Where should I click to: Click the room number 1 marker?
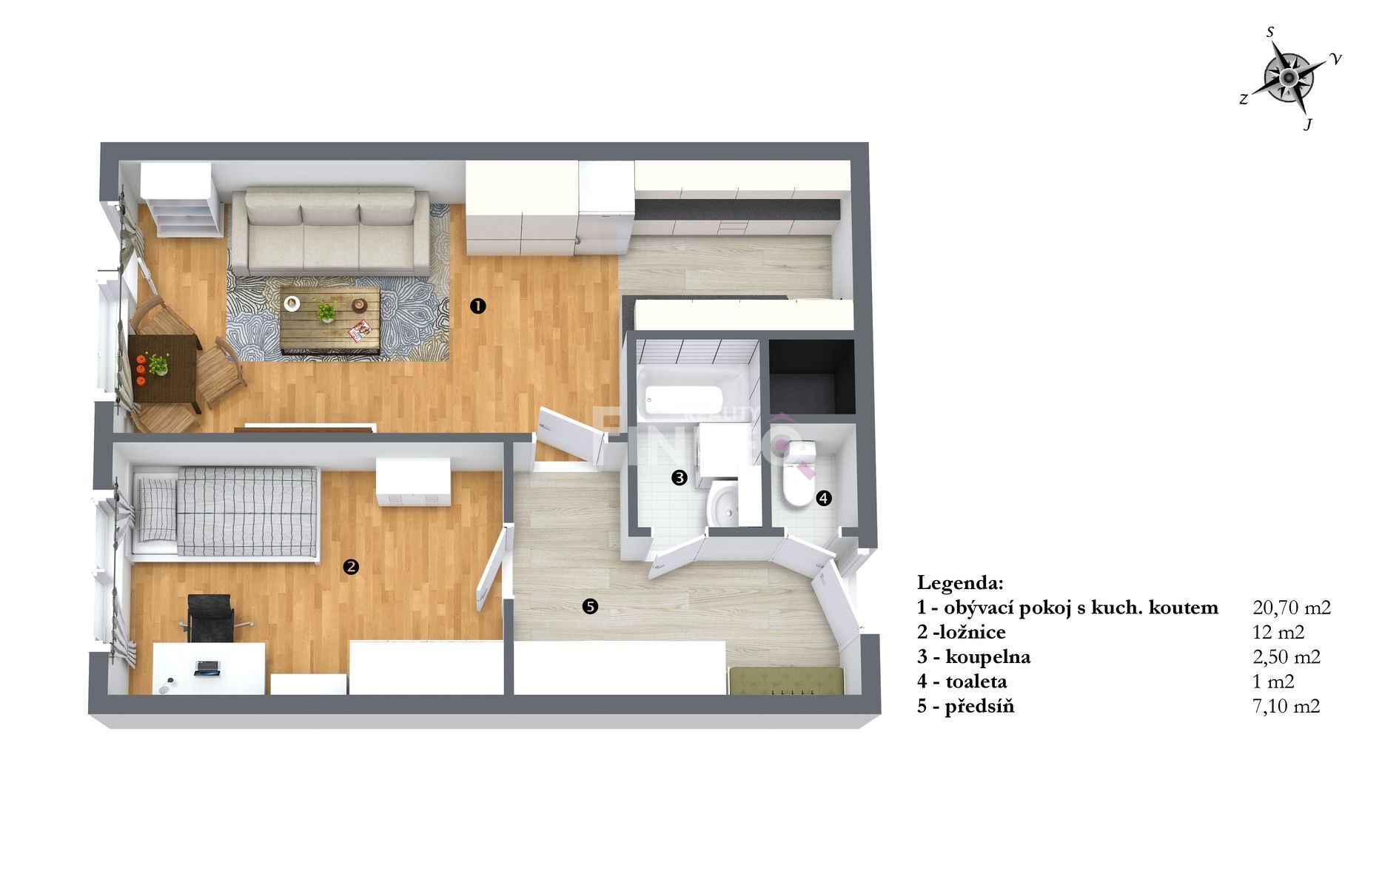point(478,306)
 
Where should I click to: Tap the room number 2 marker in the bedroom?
point(351,567)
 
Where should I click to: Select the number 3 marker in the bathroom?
point(679,478)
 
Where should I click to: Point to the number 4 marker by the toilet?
point(824,499)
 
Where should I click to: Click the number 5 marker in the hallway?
point(590,607)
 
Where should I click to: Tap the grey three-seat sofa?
point(329,232)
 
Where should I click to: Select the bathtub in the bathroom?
point(693,394)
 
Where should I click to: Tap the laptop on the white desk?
point(207,667)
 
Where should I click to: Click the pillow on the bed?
point(155,510)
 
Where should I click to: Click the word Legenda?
point(960,583)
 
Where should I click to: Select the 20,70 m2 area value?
point(1292,608)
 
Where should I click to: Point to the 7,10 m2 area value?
point(1286,706)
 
